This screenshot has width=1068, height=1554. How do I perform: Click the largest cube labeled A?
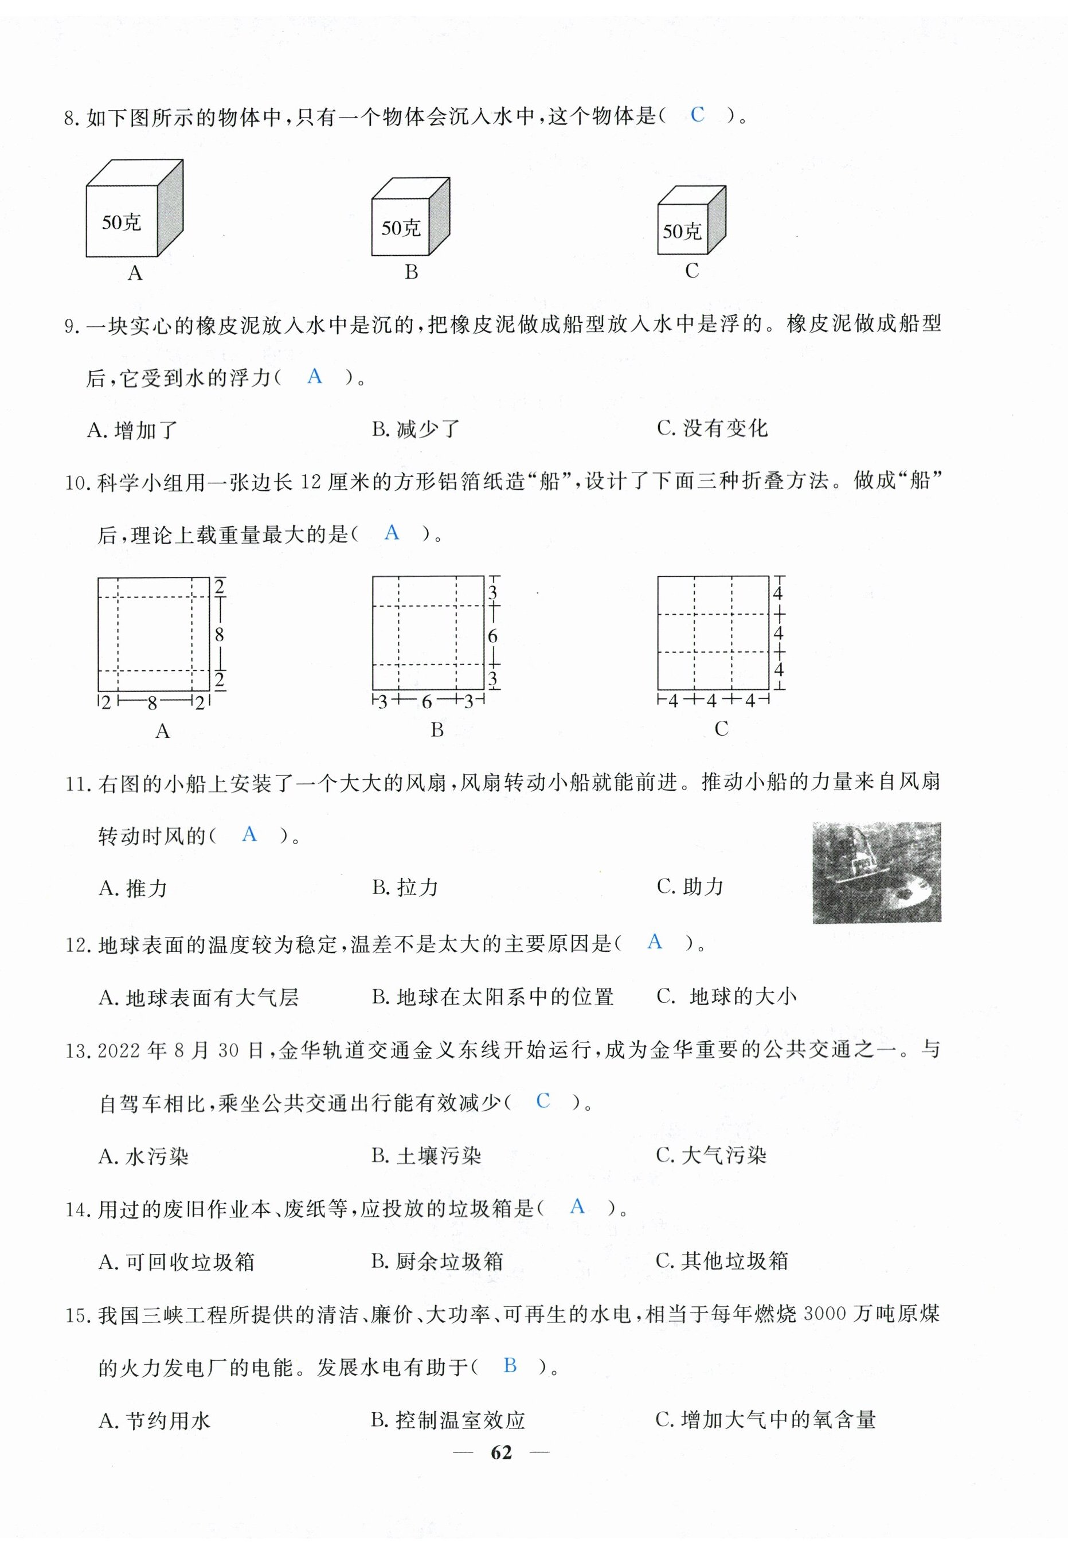pyautogui.click(x=134, y=209)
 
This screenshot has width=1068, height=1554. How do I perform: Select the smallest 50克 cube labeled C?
pyautogui.click(x=691, y=221)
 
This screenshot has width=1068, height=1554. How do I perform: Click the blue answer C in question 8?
pyautogui.click(x=697, y=115)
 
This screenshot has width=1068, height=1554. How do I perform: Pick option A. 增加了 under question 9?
pyautogui.click(x=132, y=430)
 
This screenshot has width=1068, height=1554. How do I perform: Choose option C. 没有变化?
pyautogui.click(x=712, y=428)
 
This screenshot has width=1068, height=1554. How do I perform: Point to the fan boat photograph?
pyautogui.click(x=877, y=872)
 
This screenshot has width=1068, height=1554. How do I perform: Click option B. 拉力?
pyautogui.click(x=405, y=888)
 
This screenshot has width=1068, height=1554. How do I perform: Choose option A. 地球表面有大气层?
pyautogui.click(x=199, y=998)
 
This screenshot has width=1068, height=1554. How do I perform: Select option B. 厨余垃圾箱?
pyautogui.click(x=437, y=1262)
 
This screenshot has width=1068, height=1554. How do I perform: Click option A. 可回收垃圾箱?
pyautogui.click(x=177, y=1262)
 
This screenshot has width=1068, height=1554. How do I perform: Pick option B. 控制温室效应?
pyautogui.click(x=448, y=1420)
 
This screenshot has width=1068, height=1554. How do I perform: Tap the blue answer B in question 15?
pyautogui.click(x=510, y=1365)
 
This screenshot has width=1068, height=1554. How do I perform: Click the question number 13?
pyautogui.click(x=77, y=1051)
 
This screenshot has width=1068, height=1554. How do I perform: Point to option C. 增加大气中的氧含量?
pyautogui.click(x=765, y=1419)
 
